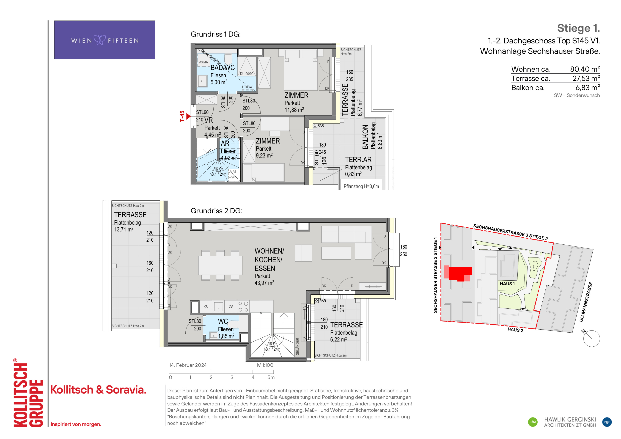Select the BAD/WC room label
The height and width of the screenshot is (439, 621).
pos(223,68)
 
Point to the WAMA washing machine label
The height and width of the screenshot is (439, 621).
pos(203,62)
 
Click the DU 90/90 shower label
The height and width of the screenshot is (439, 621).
pos(247,74)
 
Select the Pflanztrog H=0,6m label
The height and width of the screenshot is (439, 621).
pos(361,186)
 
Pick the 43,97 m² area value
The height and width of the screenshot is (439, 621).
pos(264,283)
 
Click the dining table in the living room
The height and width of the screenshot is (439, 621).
pos(220,265)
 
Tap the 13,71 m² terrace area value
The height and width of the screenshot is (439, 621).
pos(124,229)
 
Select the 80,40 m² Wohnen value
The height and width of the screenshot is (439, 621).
pos(585,69)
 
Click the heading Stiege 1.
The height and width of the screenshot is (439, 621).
pos(578,28)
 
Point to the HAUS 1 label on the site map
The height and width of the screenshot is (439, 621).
pos(507,284)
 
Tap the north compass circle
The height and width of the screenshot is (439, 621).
pos(592,338)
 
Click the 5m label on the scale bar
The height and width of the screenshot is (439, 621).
pos(271,377)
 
